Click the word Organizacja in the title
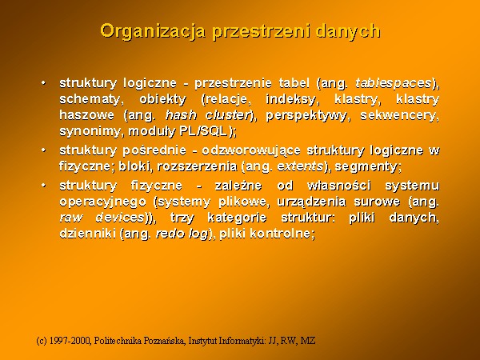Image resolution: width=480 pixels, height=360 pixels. (153, 32)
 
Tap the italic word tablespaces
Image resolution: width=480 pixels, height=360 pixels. (394, 83)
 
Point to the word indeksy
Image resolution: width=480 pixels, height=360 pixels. (290, 99)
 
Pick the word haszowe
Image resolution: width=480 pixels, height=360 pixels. (86, 115)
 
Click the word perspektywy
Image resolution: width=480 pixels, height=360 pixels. (306, 116)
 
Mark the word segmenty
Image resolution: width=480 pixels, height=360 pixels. (366, 167)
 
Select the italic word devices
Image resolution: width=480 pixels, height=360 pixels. (120, 218)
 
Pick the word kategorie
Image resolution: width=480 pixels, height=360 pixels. (237, 218)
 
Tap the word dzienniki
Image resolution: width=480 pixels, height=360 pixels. (88, 234)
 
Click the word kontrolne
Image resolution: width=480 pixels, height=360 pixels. (281, 234)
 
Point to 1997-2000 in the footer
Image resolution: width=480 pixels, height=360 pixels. (70, 341)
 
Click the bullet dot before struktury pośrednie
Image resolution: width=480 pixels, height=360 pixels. (44, 150)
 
